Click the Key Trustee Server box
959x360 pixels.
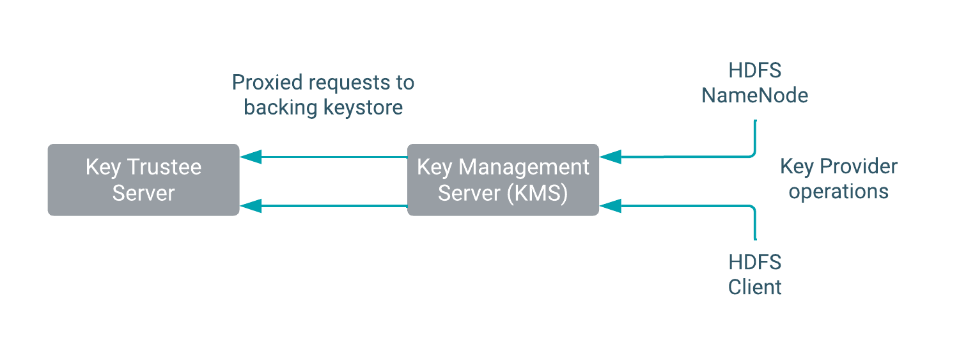pyautogui.click(x=143, y=180)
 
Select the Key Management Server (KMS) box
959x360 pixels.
pyautogui.click(x=503, y=180)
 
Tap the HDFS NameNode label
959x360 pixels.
pyautogui.click(x=755, y=83)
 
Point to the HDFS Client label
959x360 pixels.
pyautogui.click(x=755, y=275)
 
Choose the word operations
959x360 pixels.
pyautogui.click(x=838, y=192)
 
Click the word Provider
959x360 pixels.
pyautogui.click(x=859, y=167)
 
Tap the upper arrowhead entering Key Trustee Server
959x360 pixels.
pyautogui.click(x=251, y=157)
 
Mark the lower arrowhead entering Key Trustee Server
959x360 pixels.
pyautogui.click(x=251, y=206)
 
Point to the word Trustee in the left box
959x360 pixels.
pyautogui.click(x=164, y=167)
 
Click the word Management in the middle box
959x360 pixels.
pyautogui.click(x=524, y=167)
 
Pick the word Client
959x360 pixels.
pyautogui.click(x=755, y=287)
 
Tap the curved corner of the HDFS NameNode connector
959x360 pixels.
pyautogui.click(x=752, y=153)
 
